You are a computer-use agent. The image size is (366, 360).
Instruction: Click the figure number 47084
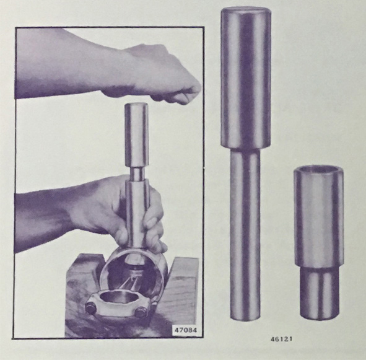(186, 330)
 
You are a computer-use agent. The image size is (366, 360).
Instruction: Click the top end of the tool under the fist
(136, 106)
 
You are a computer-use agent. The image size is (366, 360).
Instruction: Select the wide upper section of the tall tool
(246, 78)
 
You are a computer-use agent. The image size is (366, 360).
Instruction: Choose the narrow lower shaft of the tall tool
(245, 234)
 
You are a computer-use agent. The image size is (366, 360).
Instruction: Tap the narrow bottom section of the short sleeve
(320, 293)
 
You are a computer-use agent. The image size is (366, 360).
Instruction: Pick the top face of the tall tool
(246, 11)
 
